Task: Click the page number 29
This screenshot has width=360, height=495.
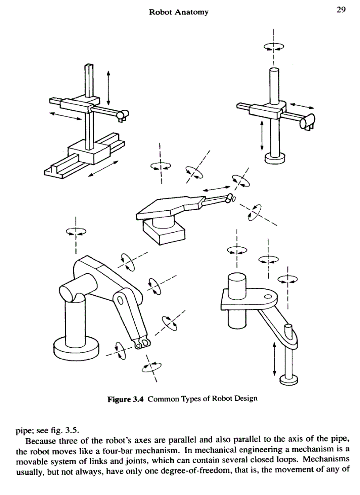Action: [x=340, y=10]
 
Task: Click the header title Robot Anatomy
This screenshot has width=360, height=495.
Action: [x=179, y=12]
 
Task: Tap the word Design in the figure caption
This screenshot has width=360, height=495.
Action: [x=246, y=399]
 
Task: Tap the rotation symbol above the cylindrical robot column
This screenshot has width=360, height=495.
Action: [x=274, y=46]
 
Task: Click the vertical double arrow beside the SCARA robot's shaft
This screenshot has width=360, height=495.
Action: [x=275, y=359]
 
